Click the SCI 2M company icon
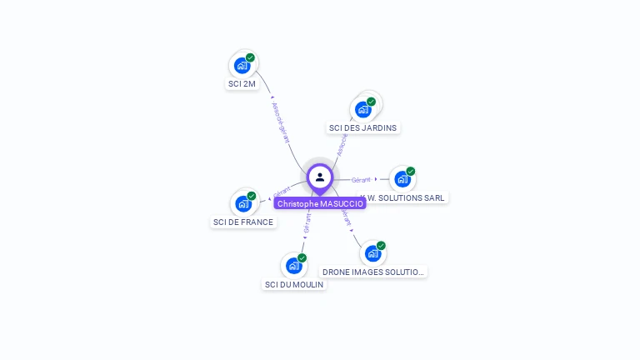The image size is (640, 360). click(242, 65)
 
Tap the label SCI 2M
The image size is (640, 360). click(242, 84)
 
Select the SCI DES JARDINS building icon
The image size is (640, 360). click(362, 109)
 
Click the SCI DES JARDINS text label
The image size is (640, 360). click(363, 128)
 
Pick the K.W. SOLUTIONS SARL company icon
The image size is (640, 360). click(402, 178)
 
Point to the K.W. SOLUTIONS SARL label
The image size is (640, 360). click(404, 198)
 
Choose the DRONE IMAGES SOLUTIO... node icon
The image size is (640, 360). click(372, 252)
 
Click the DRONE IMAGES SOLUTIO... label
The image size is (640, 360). click(373, 272)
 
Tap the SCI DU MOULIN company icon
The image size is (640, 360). click(293, 265)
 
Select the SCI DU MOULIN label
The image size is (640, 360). click(294, 285)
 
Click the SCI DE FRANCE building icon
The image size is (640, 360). click(242, 203)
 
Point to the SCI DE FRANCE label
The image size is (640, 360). click(243, 222)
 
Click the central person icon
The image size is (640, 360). click(320, 177)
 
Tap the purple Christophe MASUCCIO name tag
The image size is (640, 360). click(320, 203)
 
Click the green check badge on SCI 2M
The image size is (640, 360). click(250, 57)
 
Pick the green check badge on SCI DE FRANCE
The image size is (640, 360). click(251, 196)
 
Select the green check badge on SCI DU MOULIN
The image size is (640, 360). click(302, 257)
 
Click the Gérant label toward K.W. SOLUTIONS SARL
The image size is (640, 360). click(361, 180)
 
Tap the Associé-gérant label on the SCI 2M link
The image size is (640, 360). click(280, 123)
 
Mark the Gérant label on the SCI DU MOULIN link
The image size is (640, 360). click(307, 222)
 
